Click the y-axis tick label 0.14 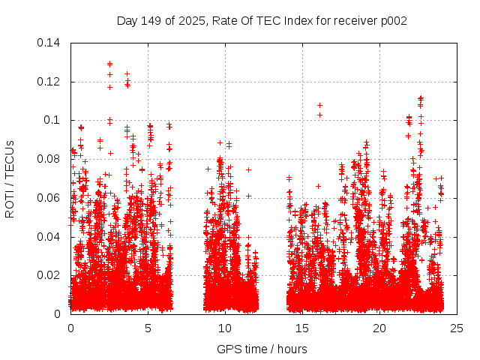[51, 43]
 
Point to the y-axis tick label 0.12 [51, 82]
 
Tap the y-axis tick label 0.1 [54, 120]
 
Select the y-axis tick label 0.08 [51, 159]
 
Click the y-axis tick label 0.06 [51, 198]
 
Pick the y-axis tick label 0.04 [51, 237]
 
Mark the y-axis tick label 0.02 [51, 275]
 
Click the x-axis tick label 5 [148, 328]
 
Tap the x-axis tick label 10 [225, 328]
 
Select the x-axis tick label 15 [302, 328]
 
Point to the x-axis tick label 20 [379, 328]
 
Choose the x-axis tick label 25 [457, 328]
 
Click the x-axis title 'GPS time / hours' [262, 349]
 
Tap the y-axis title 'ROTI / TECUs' [10, 178]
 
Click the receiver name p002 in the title [394, 20]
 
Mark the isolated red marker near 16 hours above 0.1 [319, 105]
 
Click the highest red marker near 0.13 [109, 64]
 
